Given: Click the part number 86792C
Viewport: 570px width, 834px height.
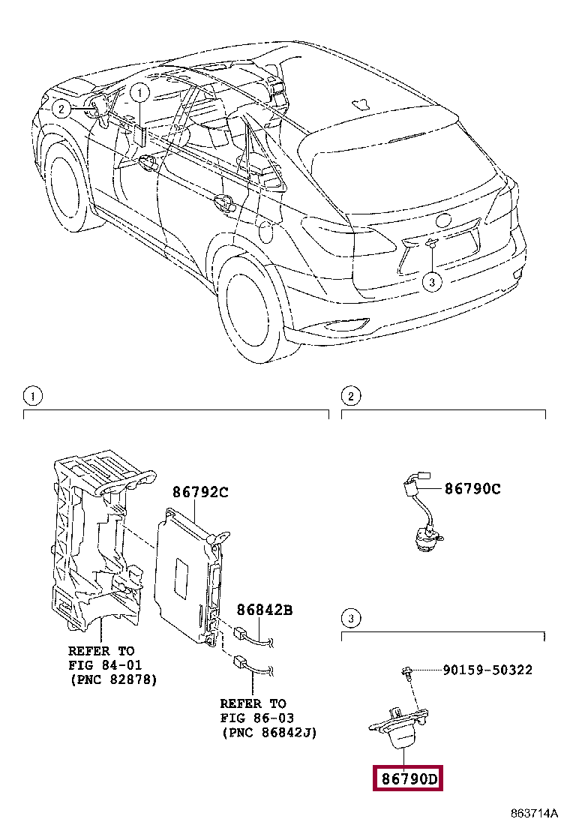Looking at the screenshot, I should (199, 492).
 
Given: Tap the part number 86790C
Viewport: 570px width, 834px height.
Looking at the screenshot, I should (472, 489).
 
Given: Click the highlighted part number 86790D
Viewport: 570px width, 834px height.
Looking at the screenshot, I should (408, 779).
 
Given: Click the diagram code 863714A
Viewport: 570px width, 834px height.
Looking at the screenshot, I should (535, 814).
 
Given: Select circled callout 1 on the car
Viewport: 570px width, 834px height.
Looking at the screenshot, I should (140, 92).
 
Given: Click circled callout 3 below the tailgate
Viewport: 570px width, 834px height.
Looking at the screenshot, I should (431, 282).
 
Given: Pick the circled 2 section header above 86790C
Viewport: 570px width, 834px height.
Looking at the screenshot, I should (349, 395).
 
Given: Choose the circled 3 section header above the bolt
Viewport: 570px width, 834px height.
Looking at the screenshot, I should (349, 618).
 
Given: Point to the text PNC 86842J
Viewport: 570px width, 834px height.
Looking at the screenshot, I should (268, 732).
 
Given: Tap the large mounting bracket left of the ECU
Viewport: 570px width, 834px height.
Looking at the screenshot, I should (94, 540).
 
